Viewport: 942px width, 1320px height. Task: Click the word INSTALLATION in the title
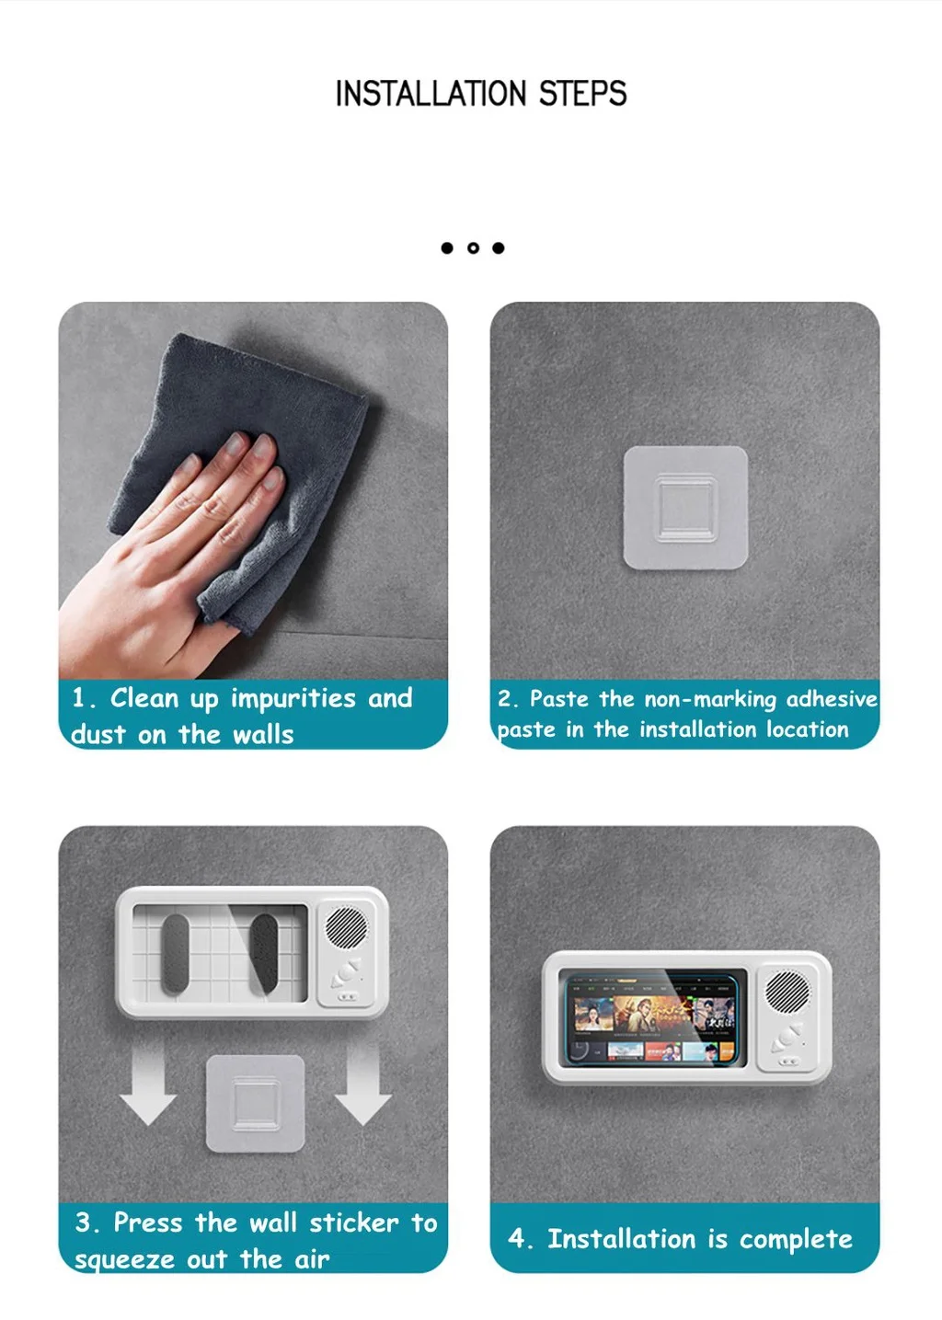431,94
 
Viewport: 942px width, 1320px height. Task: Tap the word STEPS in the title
582,94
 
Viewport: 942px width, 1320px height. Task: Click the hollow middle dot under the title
473,248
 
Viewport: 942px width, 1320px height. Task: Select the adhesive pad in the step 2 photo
685,508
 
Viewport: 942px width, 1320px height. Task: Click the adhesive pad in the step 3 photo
255,1103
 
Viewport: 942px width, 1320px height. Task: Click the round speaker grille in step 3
346,928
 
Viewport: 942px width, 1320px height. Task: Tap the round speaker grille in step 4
787,993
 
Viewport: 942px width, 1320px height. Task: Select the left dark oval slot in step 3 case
175,954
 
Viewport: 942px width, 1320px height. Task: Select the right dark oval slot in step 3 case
263,954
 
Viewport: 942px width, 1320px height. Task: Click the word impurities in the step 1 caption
293,699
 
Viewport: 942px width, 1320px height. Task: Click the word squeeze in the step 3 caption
125,1260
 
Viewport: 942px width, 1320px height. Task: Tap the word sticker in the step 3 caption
354,1222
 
